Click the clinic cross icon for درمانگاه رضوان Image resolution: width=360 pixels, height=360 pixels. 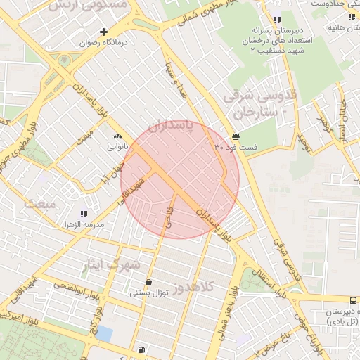click(x=104, y=32)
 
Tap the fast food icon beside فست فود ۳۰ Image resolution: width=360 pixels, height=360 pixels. click(x=235, y=136)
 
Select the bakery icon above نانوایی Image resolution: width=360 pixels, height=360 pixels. click(x=117, y=136)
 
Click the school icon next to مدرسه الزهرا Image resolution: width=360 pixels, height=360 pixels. click(x=84, y=214)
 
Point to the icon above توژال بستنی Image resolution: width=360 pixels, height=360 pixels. click(x=148, y=282)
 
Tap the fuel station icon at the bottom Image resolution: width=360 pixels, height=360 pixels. click(x=143, y=349)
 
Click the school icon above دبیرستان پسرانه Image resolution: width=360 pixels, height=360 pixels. click(x=277, y=20)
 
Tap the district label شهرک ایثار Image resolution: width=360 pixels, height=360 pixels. click(x=117, y=265)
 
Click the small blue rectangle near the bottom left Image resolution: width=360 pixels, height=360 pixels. click(x=104, y=333)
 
